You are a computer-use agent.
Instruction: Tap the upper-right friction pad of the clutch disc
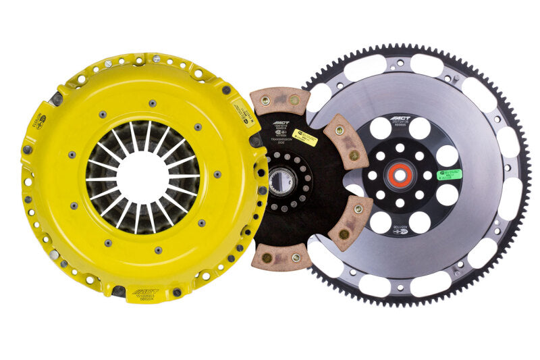346,141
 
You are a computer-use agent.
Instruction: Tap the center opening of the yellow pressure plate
142,178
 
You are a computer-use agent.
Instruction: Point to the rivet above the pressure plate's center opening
152,104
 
